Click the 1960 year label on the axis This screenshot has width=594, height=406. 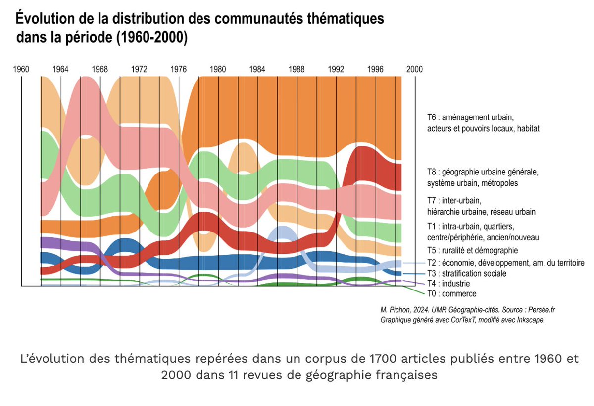(x=21, y=69)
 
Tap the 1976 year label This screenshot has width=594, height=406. (x=179, y=69)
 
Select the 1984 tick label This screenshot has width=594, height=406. (x=257, y=69)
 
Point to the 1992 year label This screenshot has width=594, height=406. (x=336, y=69)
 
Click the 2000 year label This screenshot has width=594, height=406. (x=415, y=69)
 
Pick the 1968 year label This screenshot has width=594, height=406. (x=100, y=69)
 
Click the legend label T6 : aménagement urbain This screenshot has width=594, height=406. (x=471, y=118)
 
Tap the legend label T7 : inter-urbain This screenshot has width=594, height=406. (x=454, y=201)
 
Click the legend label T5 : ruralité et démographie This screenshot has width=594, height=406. (x=472, y=251)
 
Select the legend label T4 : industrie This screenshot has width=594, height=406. (x=448, y=284)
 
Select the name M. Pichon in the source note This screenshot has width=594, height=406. (x=394, y=310)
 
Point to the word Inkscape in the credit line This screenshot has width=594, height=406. (x=530, y=320)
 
